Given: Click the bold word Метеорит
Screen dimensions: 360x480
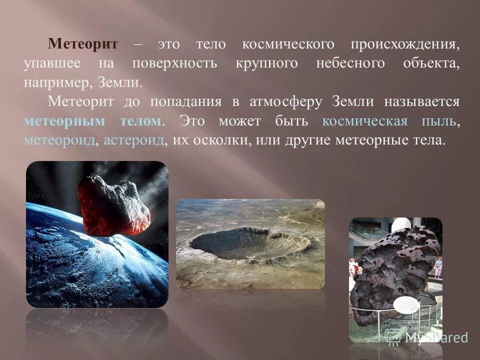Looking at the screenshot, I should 83,44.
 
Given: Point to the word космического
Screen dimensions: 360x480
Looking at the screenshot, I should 288,44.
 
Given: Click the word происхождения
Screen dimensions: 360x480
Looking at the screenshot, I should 405,44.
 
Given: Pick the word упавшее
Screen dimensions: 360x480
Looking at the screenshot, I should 51,63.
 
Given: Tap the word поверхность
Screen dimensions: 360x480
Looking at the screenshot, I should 174,63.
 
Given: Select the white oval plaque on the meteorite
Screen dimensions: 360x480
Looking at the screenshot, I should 406,305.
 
